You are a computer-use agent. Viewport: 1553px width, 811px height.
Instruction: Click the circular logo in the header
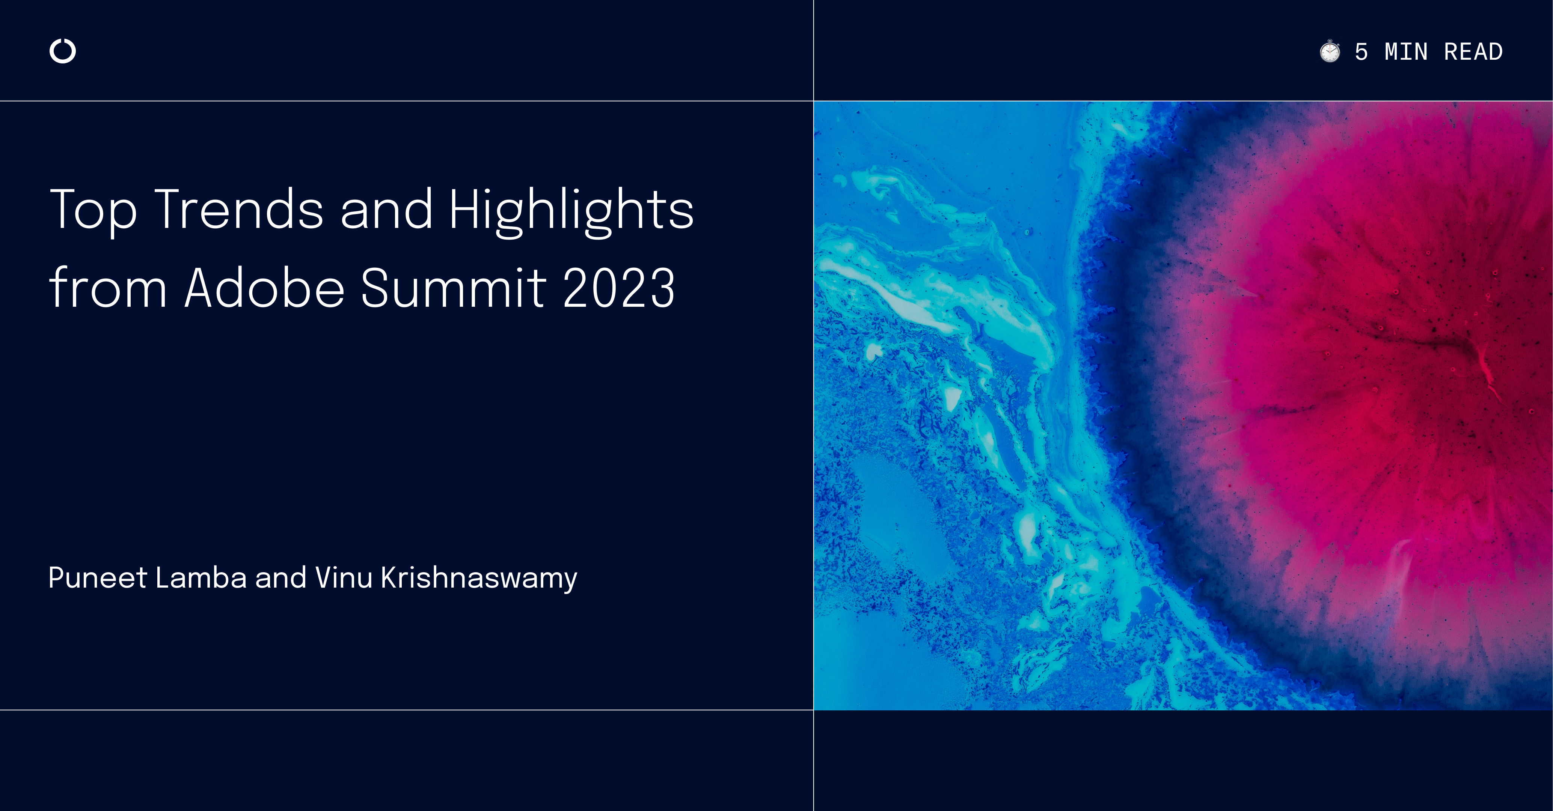(x=63, y=51)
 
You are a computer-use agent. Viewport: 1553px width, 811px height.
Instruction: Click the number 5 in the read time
(x=1361, y=52)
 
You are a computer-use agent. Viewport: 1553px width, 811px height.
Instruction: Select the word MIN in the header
(x=1406, y=52)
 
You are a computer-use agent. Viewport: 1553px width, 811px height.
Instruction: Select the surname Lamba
(x=201, y=577)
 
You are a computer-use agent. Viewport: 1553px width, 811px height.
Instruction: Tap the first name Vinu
(x=344, y=577)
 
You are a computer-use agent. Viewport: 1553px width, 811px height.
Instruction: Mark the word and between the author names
(x=280, y=577)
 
